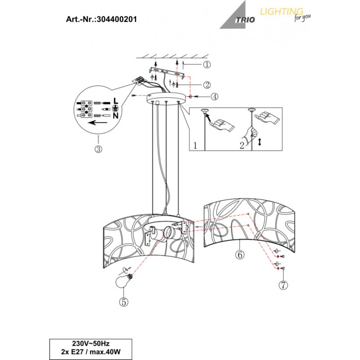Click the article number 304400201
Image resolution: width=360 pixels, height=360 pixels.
pyautogui.click(x=116, y=19)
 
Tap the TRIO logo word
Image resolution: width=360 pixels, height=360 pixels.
pyautogui.click(x=245, y=20)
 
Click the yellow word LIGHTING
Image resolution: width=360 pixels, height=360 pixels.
pyautogui.click(x=282, y=12)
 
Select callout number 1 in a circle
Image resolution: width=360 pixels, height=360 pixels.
pyautogui.click(x=207, y=64)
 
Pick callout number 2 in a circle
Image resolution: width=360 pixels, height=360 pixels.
pyautogui.click(x=207, y=85)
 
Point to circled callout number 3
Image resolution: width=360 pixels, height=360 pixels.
pyautogui.click(x=99, y=149)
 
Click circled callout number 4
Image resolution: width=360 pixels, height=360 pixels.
pyautogui.click(x=214, y=97)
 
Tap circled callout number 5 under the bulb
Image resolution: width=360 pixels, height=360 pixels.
pyautogui.click(x=124, y=302)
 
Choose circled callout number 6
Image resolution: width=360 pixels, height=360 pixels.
pyautogui.click(x=240, y=255)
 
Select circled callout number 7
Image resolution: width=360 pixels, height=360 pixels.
pyautogui.click(x=283, y=285)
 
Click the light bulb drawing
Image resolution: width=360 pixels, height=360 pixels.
pyautogui.click(x=124, y=280)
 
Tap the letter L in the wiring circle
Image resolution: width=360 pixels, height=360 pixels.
pyautogui.click(x=116, y=101)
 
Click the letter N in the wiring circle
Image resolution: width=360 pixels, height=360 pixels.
pyautogui.click(x=116, y=116)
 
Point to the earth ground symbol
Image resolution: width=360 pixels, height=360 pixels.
pyautogui.click(x=116, y=108)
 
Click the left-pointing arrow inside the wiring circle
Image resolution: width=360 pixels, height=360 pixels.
pyautogui.click(x=98, y=123)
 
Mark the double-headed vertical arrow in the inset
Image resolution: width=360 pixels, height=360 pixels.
pyautogui.click(x=260, y=141)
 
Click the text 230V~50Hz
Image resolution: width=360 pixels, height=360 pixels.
pyautogui.click(x=91, y=343)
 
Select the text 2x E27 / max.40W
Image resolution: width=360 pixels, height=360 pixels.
pyautogui.click(x=91, y=352)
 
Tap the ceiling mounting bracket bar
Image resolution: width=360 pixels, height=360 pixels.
pyautogui.click(x=167, y=73)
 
